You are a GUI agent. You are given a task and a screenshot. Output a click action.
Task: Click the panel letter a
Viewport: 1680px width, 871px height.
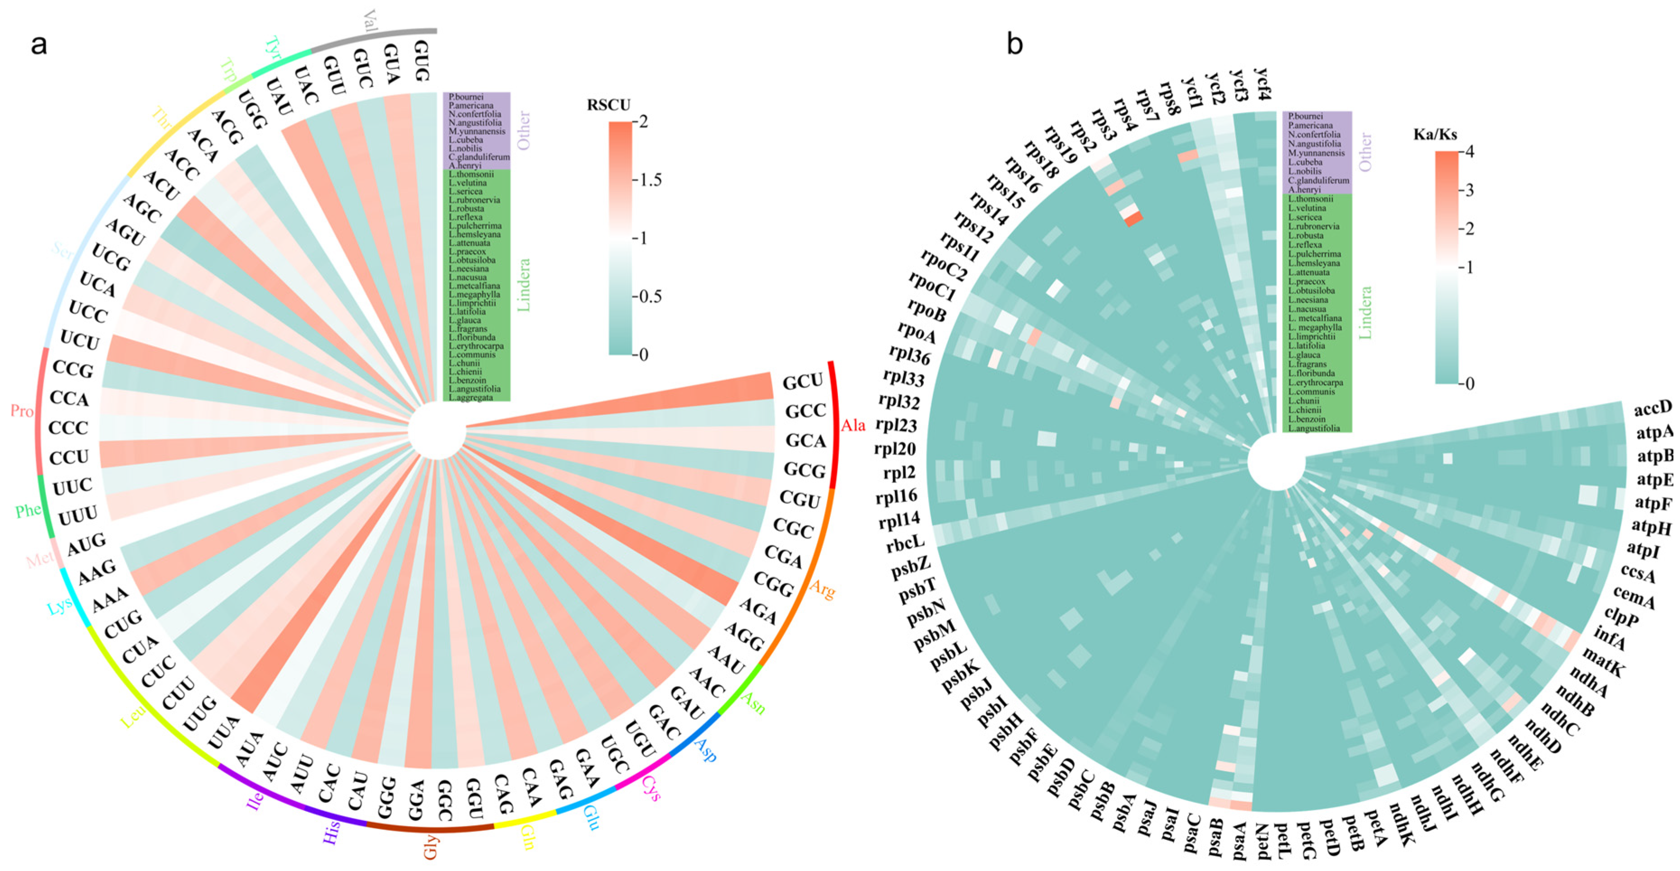tap(39, 45)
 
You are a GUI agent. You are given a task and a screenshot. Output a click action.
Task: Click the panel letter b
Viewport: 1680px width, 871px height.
tap(1015, 44)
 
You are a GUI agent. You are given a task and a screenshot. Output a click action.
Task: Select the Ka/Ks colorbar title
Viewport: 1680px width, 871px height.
tap(1435, 135)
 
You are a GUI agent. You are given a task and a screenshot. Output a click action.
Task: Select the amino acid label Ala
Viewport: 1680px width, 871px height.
tap(852, 426)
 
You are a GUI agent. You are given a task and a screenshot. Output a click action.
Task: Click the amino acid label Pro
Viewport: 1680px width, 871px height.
tap(22, 411)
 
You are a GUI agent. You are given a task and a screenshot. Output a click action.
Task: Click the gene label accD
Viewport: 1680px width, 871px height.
tap(1652, 408)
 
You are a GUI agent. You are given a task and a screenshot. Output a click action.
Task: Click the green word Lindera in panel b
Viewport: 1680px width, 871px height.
tap(1365, 313)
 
